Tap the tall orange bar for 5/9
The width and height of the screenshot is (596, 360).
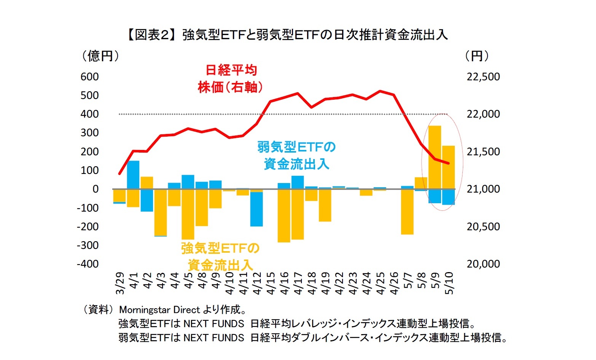[x=435, y=157]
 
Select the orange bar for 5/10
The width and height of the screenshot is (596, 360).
[x=448, y=167]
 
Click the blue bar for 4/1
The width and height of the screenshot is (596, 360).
[x=133, y=175]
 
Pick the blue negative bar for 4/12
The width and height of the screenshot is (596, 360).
[x=257, y=209]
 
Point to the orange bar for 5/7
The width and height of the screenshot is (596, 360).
[x=407, y=212]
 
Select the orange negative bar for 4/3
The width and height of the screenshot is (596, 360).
[x=161, y=212]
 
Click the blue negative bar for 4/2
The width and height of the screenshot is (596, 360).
[x=147, y=200]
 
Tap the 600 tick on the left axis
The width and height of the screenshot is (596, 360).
[x=89, y=77]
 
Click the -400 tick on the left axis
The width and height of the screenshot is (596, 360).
[x=88, y=264]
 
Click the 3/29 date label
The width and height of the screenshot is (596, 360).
[x=120, y=284]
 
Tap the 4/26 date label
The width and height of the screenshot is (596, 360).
[x=394, y=284]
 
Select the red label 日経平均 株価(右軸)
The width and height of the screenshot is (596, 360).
[x=231, y=79]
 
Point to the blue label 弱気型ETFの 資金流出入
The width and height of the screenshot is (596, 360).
[x=296, y=156]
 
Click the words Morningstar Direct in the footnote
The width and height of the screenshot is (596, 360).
[x=159, y=310]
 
